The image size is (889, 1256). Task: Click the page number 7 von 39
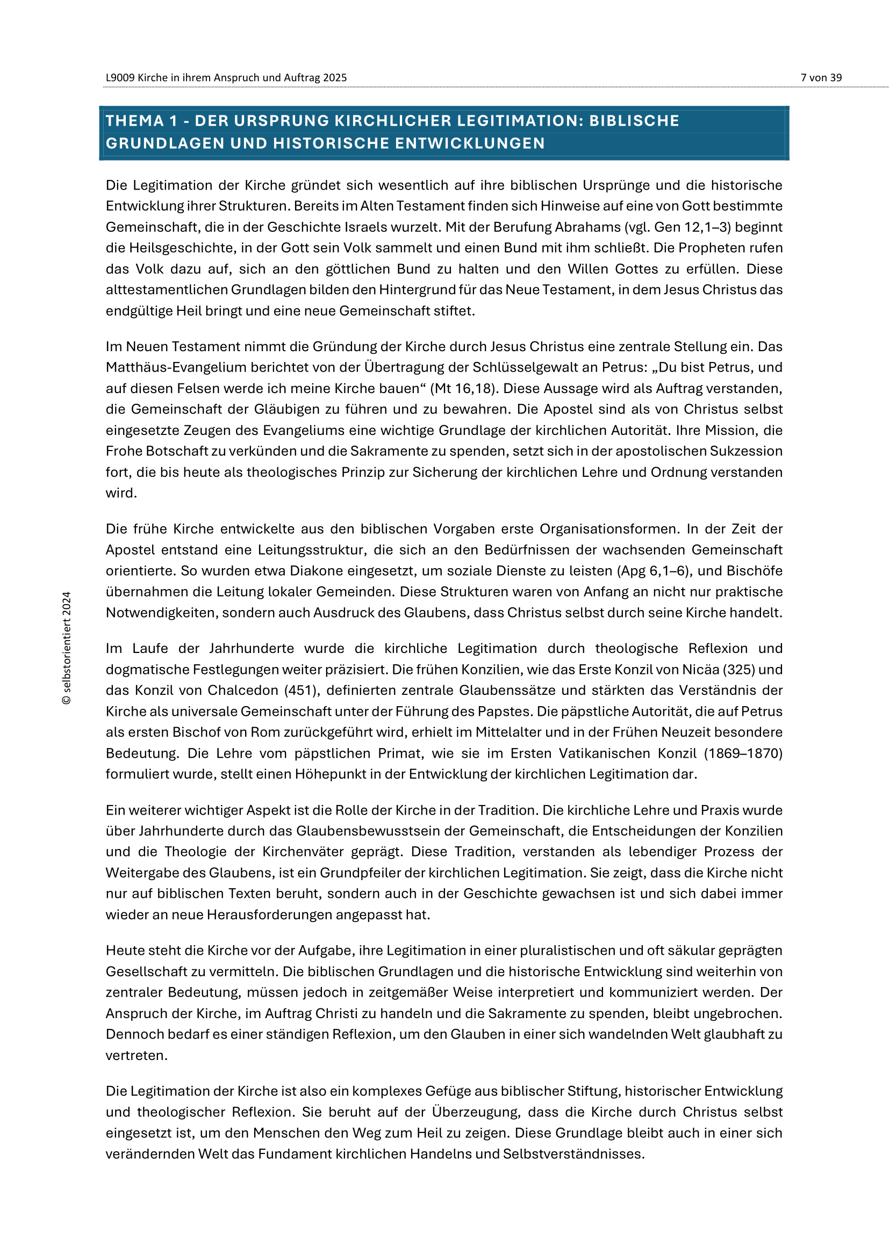(x=821, y=78)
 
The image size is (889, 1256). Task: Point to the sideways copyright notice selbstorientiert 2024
(x=67, y=648)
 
